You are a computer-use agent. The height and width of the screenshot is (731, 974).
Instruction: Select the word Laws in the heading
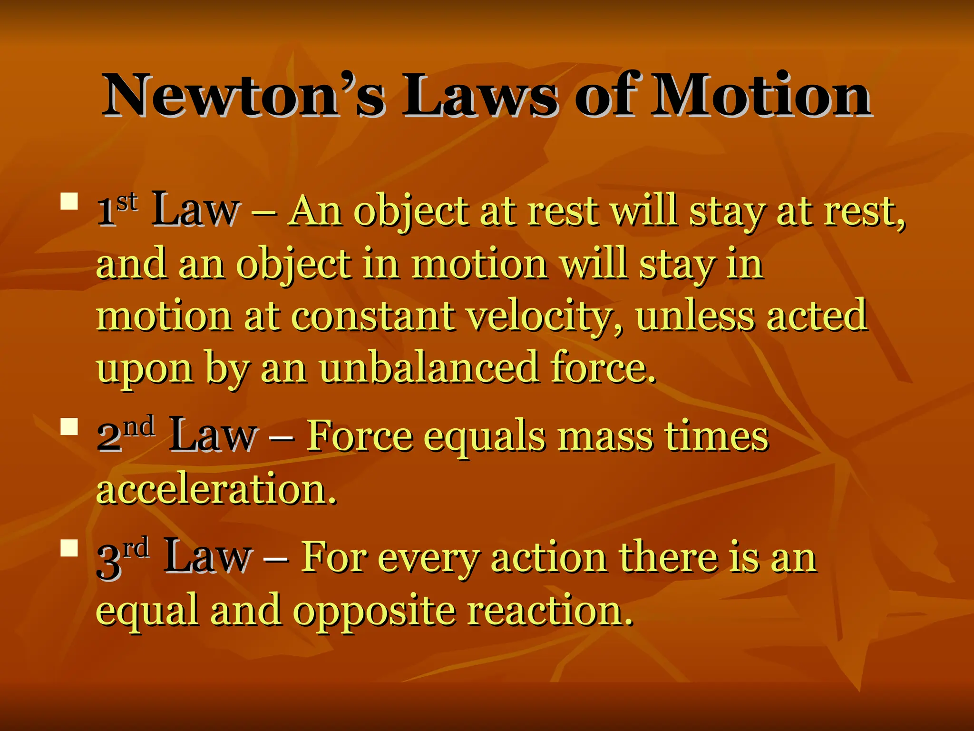(480, 95)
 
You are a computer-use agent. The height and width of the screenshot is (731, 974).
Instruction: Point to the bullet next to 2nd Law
(69, 426)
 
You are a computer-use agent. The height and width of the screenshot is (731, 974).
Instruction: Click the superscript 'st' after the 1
(127, 202)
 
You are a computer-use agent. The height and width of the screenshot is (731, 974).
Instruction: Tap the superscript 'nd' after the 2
(139, 425)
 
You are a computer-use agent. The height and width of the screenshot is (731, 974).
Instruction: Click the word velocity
(545, 317)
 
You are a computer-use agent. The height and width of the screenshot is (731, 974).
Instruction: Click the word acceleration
(216, 489)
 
